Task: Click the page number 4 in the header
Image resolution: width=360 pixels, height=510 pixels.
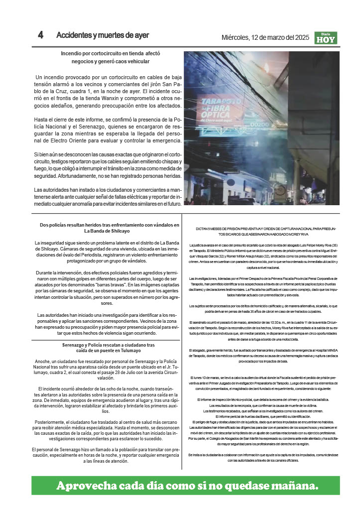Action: (41, 35)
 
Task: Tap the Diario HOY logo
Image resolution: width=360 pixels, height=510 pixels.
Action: (326, 38)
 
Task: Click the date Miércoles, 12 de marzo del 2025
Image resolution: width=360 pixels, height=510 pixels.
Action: (265, 37)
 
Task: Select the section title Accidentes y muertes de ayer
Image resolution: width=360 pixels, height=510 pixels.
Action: (103, 35)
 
